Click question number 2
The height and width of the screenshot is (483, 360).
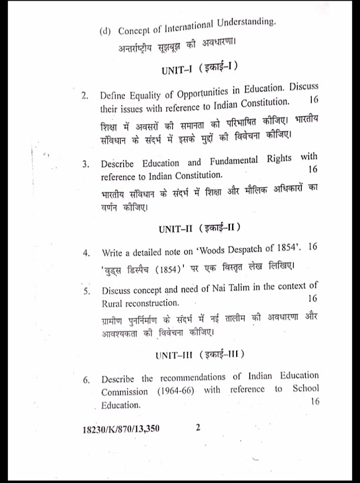tap(85, 96)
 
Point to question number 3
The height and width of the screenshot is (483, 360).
tap(85, 163)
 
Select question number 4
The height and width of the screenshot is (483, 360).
tap(86, 254)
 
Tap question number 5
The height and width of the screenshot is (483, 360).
tap(86, 292)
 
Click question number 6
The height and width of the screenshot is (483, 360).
tap(86, 379)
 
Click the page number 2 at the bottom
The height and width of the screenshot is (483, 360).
tap(198, 427)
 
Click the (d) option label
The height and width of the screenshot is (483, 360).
tap(105, 32)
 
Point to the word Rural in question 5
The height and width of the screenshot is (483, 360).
tap(114, 304)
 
